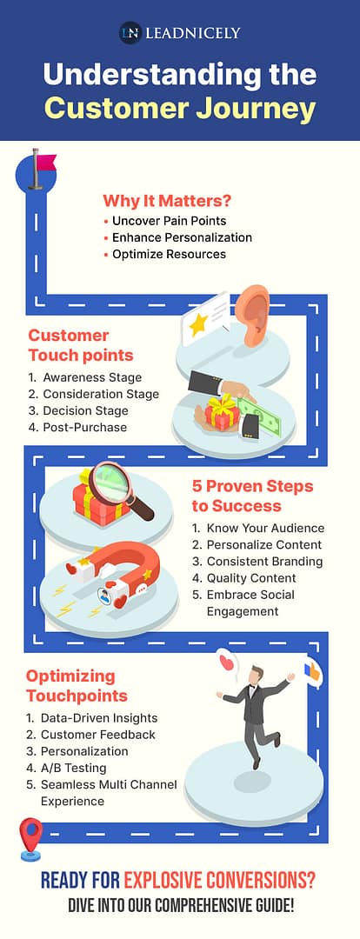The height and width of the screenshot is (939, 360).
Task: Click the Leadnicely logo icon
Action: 130,33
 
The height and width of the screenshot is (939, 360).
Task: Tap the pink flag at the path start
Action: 43,163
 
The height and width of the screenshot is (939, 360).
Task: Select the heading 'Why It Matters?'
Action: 167,199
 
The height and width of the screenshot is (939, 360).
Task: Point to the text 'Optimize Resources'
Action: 169,254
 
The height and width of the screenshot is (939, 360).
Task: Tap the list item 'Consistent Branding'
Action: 264,562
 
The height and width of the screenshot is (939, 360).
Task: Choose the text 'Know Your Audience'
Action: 265,528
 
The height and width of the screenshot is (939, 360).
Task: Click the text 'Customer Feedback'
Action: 98,735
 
